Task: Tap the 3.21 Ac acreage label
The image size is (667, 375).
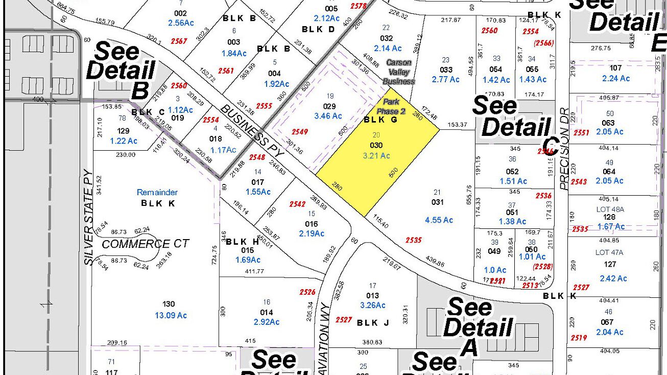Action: (x=376, y=156)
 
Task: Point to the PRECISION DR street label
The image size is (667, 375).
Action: (x=564, y=149)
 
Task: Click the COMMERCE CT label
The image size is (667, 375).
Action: (x=146, y=244)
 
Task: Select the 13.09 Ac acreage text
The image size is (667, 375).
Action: (x=171, y=315)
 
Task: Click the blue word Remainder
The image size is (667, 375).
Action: (x=157, y=193)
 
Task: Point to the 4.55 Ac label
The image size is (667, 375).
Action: (x=439, y=220)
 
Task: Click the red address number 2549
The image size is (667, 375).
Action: (x=300, y=132)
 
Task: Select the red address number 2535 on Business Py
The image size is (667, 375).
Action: (x=414, y=240)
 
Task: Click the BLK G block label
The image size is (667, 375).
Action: (x=380, y=120)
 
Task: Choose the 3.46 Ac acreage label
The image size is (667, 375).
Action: (x=328, y=116)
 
